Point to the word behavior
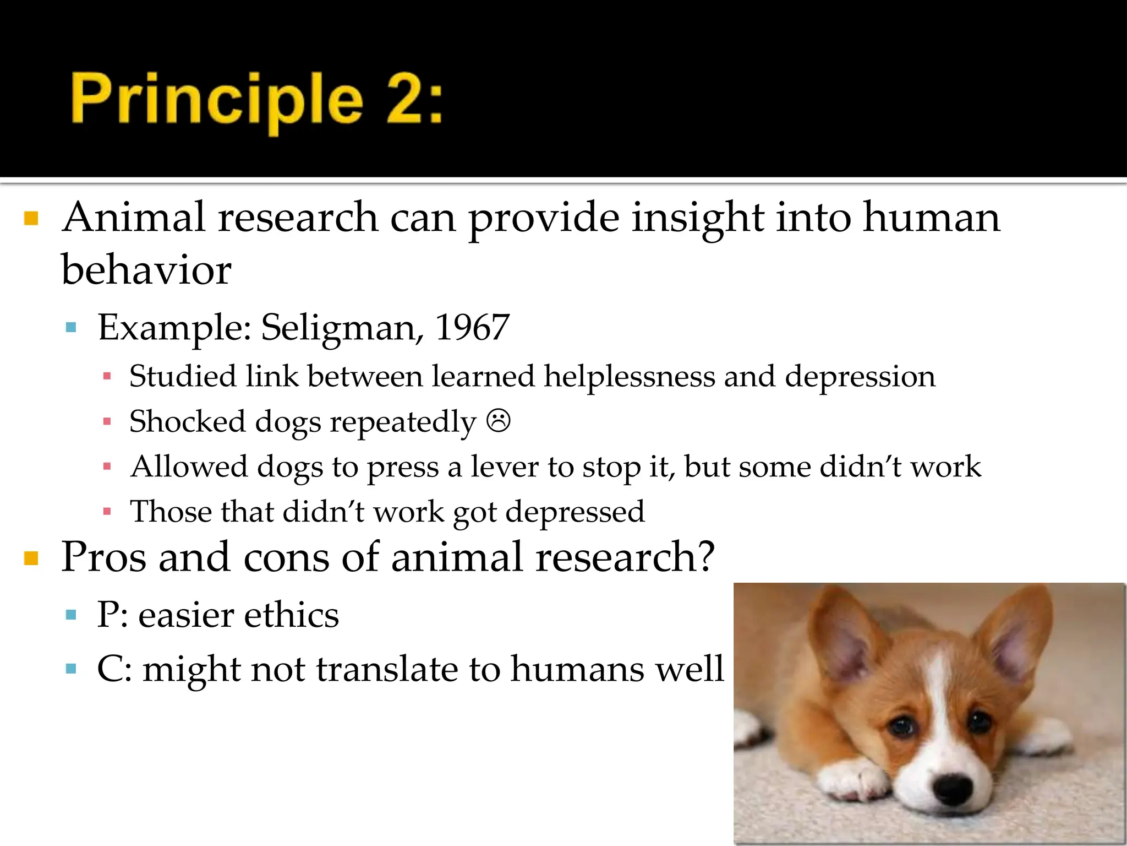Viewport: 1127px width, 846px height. [146, 270]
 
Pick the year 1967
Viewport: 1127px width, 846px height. [472, 328]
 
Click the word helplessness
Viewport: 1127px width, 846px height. [629, 377]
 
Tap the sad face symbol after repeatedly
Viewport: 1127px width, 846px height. [499, 421]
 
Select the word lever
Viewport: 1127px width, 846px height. [505, 467]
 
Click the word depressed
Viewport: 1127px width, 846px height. [575, 512]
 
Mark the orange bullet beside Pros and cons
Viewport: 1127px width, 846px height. [31, 558]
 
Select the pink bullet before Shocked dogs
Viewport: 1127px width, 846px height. [107, 422]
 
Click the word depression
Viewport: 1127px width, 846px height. [860, 377]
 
